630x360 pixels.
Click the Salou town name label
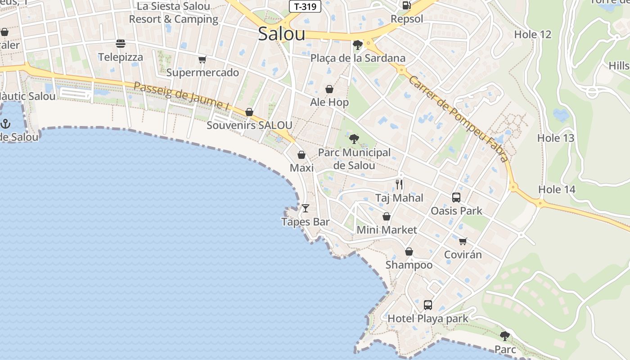282,34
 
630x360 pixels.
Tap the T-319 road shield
305,6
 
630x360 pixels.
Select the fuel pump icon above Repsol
406,5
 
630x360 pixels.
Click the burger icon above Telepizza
120,44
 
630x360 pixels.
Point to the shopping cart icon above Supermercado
202,59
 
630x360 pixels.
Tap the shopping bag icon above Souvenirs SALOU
249,112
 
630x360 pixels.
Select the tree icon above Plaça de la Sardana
358,45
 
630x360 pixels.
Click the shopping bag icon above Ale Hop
329,89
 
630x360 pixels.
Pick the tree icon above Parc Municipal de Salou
354,139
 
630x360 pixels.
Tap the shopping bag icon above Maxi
301,155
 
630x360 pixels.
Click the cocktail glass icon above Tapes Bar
306,208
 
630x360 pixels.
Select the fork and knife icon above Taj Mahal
399,184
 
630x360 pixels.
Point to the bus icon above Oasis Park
456,198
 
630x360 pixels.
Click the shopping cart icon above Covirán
463,241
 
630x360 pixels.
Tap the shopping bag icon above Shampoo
409,252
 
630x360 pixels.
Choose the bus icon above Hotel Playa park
428,305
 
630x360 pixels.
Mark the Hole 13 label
556,138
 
